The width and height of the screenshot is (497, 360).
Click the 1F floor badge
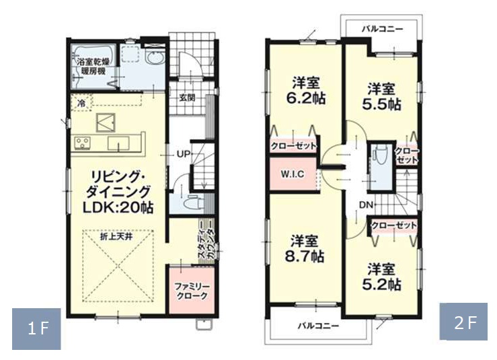[36, 328]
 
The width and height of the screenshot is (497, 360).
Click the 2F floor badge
[463, 322]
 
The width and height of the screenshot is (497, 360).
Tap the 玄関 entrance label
[187, 98]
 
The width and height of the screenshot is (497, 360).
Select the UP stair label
[183, 155]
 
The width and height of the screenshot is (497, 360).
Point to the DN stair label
[366, 205]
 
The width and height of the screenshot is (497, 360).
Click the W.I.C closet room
[293, 174]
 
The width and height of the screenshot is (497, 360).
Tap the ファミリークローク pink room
[192, 291]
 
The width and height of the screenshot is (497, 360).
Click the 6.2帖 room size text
[306, 99]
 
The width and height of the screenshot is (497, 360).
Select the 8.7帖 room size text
[305, 256]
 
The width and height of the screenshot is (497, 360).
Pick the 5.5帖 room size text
[381, 105]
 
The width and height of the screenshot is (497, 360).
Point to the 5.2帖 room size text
[381, 285]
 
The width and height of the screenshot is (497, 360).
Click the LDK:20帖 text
[118, 208]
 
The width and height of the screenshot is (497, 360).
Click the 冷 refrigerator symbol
[81, 102]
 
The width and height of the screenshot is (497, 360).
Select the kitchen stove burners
[83, 143]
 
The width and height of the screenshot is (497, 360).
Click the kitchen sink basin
[118, 143]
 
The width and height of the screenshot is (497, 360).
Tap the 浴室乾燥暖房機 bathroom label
[93, 67]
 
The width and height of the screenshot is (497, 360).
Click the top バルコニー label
[383, 29]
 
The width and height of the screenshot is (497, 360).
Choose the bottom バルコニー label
[318, 326]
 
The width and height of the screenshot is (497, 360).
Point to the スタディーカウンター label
[206, 244]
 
